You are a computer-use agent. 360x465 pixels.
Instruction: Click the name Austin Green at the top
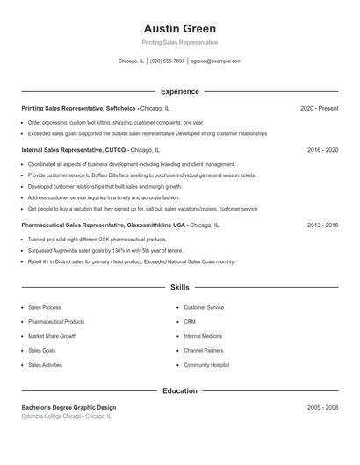(179, 28)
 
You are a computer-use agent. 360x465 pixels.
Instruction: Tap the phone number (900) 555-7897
(167, 61)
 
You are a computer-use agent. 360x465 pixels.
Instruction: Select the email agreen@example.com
(216, 61)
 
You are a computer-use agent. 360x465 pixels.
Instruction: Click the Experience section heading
(179, 91)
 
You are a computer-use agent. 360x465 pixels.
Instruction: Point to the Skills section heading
(179, 287)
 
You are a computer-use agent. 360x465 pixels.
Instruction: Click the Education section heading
(179, 390)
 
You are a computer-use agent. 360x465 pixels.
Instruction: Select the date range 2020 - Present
(319, 108)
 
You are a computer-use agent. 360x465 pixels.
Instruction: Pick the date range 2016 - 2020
(322, 150)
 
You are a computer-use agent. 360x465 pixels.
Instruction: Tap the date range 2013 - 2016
(322, 225)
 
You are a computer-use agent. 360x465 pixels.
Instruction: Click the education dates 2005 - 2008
(322, 407)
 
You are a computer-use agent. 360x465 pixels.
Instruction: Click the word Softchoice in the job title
(121, 108)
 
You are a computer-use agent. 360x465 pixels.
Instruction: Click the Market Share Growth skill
(52, 336)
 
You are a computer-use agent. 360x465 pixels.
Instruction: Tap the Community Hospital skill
(206, 364)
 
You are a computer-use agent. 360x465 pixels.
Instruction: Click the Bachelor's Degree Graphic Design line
(68, 407)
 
